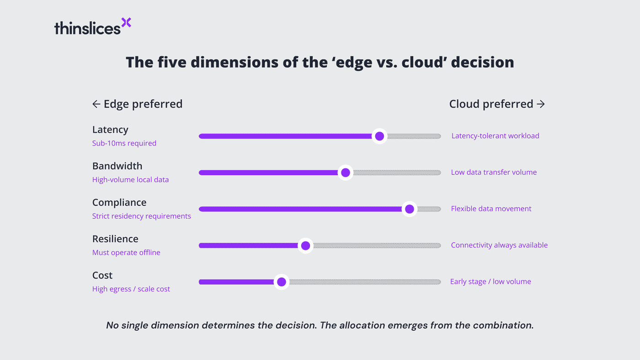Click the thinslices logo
point(92,27)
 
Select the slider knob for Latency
point(379,136)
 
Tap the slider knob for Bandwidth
point(346,172)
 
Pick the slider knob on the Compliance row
point(409,209)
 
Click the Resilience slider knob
point(305,246)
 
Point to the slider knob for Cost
point(282,282)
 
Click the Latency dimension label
point(110,130)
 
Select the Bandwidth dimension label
point(117,166)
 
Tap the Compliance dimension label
point(119,203)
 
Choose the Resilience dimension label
point(115,239)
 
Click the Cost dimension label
point(102,275)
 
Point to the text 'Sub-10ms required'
point(124,143)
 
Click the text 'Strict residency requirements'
point(142,216)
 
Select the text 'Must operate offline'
point(126,253)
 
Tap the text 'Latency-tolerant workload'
point(495,136)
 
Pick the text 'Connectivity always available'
point(499,245)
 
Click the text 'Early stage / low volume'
point(491,282)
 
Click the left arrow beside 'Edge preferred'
point(96,104)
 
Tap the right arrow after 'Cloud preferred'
point(541,104)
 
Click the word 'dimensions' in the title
point(228,62)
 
